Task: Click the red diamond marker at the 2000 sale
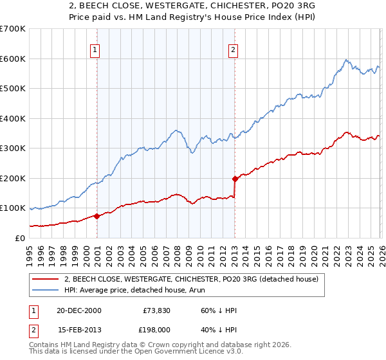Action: click(x=97, y=216)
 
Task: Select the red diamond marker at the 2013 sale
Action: click(x=235, y=179)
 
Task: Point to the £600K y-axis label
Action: click(x=13, y=59)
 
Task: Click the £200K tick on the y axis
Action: click(x=13, y=178)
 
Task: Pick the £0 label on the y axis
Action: click(x=19, y=238)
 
